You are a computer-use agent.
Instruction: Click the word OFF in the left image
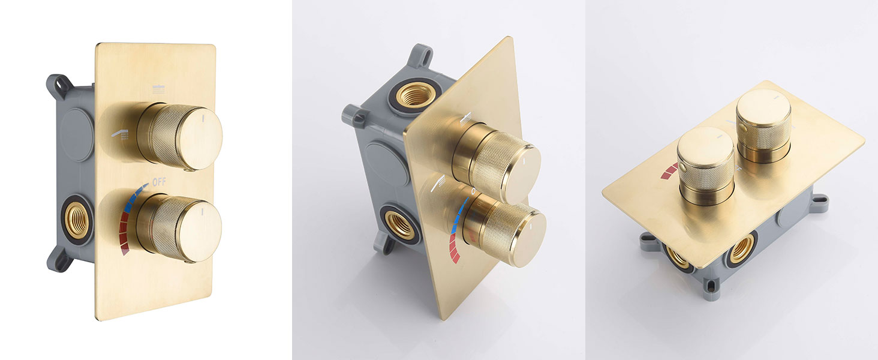159,182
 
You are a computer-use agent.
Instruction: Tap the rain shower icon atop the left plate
159,90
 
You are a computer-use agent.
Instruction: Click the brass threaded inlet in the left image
76,221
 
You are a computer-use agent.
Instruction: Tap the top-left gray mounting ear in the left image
58,85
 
